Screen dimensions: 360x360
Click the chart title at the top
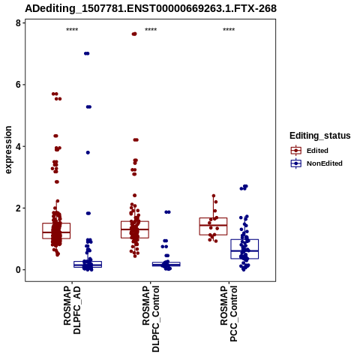(x=151, y=8)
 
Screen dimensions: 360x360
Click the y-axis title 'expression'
(x=8, y=150)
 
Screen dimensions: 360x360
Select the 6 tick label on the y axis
(x=19, y=85)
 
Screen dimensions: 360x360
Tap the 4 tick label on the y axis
(x=19, y=146)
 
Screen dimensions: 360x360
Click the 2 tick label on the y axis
(x=19, y=208)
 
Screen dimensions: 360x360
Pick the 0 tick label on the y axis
(x=19, y=270)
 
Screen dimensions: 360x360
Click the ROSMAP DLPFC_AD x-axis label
(x=72, y=310)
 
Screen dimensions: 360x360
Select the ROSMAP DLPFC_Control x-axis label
(x=151, y=319)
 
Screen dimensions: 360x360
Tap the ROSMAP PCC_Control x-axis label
(x=229, y=313)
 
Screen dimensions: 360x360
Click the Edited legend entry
(x=317, y=151)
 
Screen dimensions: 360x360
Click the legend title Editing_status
(x=320, y=136)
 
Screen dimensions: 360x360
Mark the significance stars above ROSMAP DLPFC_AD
(x=72, y=30)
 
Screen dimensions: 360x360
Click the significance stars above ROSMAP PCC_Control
(x=229, y=30)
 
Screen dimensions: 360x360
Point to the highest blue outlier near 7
(x=87, y=53)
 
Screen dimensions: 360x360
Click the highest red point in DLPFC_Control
(x=134, y=34)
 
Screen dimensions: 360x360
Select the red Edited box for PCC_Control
(x=213, y=226)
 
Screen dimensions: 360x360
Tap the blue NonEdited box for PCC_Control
(x=244, y=249)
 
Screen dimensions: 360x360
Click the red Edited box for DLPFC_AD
(x=56, y=231)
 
